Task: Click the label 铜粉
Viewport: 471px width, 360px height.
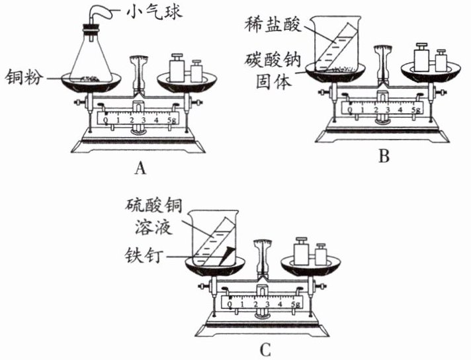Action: click(24, 77)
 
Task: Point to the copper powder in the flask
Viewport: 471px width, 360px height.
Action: click(89, 79)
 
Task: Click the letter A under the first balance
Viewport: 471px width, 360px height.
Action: click(140, 168)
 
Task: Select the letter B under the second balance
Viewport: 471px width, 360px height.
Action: click(384, 156)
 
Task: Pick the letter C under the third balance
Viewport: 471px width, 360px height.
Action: click(265, 349)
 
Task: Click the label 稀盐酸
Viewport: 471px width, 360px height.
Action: click(273, 24)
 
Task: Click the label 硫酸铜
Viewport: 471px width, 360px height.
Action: click(154, 206)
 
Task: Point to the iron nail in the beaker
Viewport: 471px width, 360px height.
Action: click(226, 255)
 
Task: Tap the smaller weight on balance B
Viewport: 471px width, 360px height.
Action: click(441, 61)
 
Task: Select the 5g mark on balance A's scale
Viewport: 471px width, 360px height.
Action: click(172, 120)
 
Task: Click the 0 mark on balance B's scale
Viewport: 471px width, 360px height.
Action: click(350, 110)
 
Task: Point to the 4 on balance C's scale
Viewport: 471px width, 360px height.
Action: click(280, 304)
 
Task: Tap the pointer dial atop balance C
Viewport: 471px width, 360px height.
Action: click(263, 244)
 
